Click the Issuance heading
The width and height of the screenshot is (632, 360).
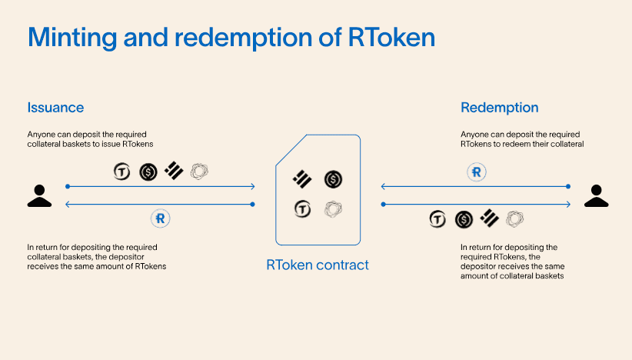[x=55, y=108]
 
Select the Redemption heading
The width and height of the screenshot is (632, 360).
[x=499, y=108]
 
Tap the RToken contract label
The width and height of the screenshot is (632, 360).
[x=318, y=265]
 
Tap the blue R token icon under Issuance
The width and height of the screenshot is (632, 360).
[x=161, y=218]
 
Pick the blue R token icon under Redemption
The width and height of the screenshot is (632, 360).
[x=477, y=172]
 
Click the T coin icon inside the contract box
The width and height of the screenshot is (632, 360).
[x=302, y=208]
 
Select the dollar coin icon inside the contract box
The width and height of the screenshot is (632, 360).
[x=333, y=179]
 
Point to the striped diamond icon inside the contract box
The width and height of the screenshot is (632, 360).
[x=302, y=179]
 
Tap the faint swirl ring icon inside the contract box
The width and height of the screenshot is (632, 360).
[x=333, y=208]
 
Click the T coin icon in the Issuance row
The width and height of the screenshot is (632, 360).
[x=121, y=172]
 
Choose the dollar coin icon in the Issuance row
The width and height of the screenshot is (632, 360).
[x=148, y=172]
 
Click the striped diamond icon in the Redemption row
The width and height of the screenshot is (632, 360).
[x=490, y=219]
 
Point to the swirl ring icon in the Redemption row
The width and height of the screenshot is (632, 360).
[x=515, y=219]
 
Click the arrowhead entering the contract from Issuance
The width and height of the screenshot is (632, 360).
[x=252, y=186]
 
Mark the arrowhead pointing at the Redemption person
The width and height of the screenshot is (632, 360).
[x=568, y=204]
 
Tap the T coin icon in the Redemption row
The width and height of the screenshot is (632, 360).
[x=437, y=219]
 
